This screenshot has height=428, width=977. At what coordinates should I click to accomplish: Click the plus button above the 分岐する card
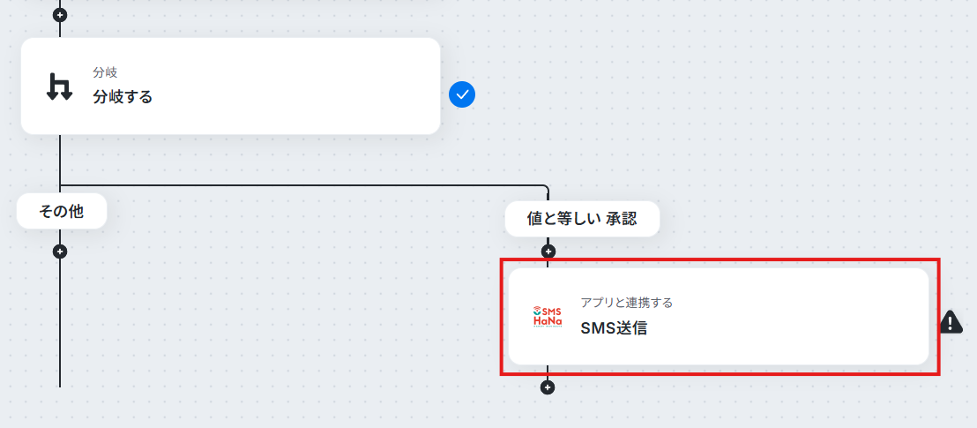click(x=60, y=13)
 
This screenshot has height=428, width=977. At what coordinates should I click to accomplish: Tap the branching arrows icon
click(x=60, y=86)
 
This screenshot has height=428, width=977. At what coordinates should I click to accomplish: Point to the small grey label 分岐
click(x=105, y=73)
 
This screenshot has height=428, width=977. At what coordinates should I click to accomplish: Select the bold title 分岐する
click(x=123, y=97)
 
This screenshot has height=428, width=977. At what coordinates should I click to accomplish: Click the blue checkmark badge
click(x=462, y=94)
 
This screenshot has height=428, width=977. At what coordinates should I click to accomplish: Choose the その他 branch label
click(x=61, y=212)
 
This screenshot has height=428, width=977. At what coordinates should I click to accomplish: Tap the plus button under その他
click(x=60, y=252)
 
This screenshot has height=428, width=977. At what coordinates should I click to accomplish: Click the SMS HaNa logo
click(x=548, y=316)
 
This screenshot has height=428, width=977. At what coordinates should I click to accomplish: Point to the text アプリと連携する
click(x=626, y=304)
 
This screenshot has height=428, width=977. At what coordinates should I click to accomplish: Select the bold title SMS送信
click(x=614, y=328)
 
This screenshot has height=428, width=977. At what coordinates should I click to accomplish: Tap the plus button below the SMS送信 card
click(x=547, y=387)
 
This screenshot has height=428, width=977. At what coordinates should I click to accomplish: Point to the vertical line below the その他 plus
click(x=60, y=323)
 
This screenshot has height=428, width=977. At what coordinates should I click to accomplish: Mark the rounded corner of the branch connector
click(x=546, y=187)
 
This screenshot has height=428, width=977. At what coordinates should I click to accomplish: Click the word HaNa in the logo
click(x=548, y=320)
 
